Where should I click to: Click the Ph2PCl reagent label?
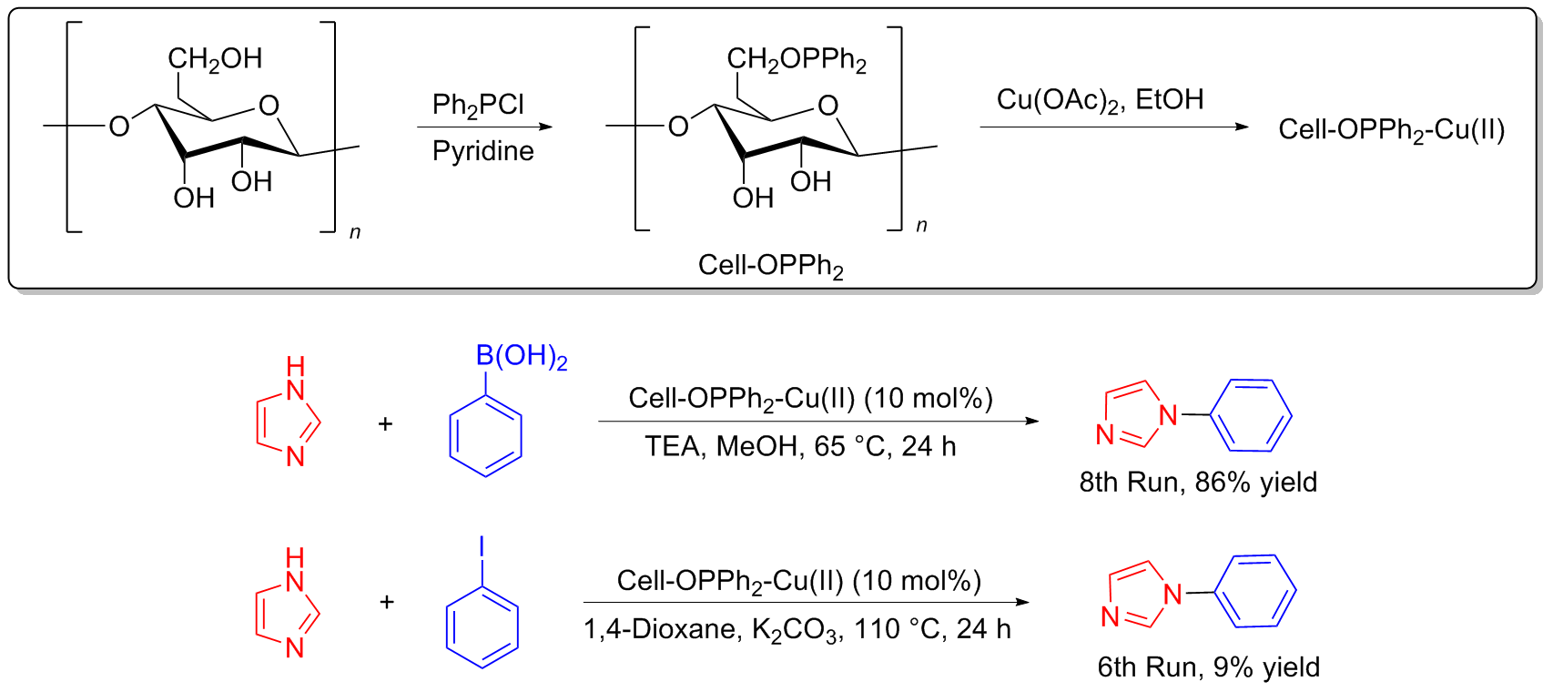tap(478, 106)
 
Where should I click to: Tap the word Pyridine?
tap(482, 151)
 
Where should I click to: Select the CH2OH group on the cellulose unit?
tap(215, 59)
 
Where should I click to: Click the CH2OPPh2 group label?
tap(796, 60)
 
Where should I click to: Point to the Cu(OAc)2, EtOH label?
tap(1100, 100)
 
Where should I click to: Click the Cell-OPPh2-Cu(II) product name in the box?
tap(1391, 130)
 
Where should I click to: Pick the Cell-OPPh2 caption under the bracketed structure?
tap(770, 266)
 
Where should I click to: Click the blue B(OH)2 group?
tap(522, 356)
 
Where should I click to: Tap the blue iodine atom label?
tap(482, 547)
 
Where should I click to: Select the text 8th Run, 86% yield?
tap(1198, 482)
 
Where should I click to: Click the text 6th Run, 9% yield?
tap(1208, 667)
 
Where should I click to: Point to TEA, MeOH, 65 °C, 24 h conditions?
tap(800, 446)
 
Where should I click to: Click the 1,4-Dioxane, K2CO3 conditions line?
tap(797, 629)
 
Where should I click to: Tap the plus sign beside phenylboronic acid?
tap(385, 423)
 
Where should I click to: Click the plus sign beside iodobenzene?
tap(386, 602)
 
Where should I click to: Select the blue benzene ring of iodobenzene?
tap(482, 626)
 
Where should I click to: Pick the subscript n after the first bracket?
tap(355, 233)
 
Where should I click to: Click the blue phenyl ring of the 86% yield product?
tap(1254, 416)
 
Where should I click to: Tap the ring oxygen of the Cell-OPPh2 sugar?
tap(827, 106)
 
